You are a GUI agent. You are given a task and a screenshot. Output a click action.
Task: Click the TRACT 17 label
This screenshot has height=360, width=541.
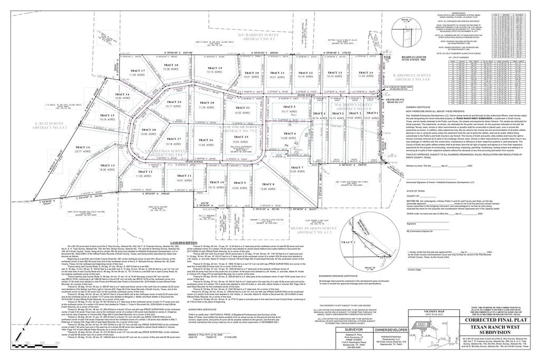click(136, 71)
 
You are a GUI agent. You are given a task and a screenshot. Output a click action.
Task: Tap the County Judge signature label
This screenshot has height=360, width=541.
click(414, 270)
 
